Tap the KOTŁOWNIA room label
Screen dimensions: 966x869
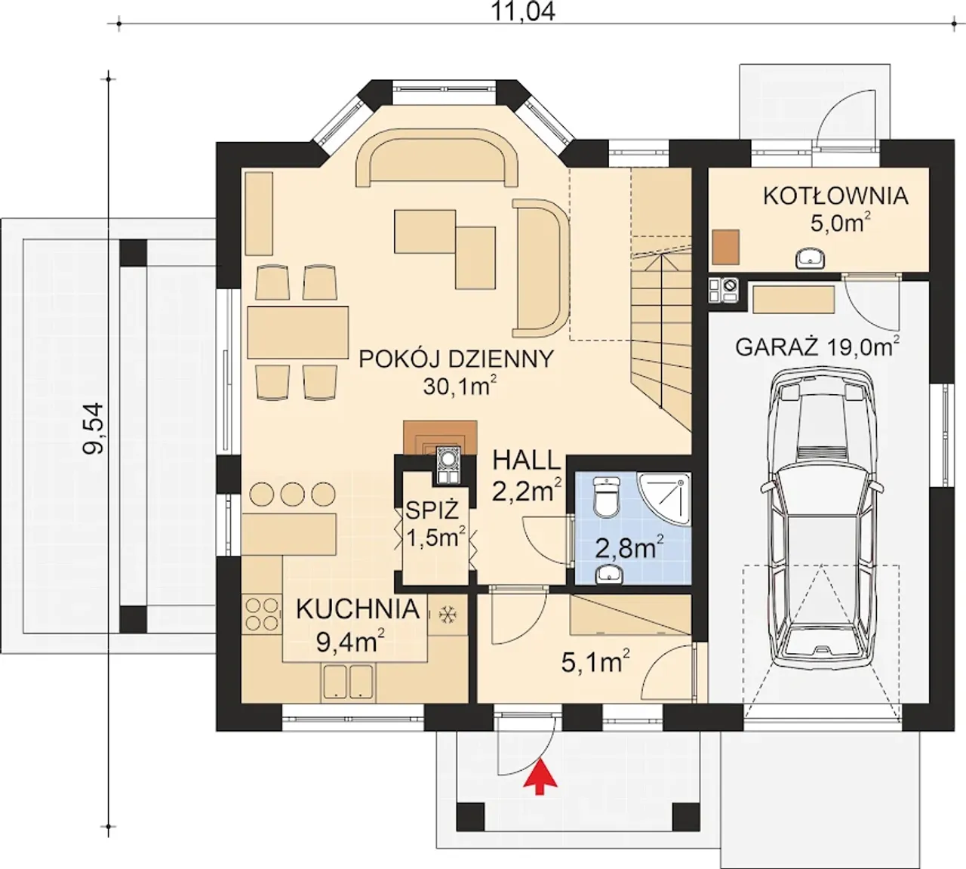(835, 196)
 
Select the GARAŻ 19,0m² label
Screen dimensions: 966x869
(817, 347)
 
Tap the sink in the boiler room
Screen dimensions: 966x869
(810, 258)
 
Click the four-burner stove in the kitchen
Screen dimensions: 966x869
(263, 614)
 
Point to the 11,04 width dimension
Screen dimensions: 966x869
(523, 11)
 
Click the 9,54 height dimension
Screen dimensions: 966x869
(94, 428)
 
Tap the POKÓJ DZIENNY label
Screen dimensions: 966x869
(457, 359)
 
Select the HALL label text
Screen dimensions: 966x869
(527, 461)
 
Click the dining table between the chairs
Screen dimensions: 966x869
(298, 332)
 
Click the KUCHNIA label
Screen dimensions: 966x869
(358, 609)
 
